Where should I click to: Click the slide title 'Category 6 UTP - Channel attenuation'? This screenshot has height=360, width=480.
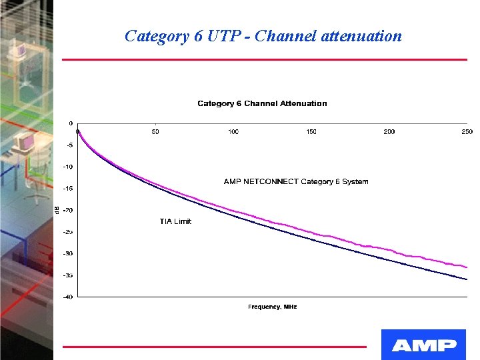point(263,36)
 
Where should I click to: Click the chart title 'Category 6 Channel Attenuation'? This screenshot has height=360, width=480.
point(262,103)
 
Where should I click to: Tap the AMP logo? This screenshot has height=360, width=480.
point(423,345)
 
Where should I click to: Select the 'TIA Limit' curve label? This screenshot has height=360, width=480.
point(175,221)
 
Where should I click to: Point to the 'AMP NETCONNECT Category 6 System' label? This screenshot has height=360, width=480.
point(295,181)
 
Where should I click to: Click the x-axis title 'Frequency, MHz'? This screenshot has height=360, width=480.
point(272,307)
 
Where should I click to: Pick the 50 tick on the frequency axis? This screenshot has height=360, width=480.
point(155,132)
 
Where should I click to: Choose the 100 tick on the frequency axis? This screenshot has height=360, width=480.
point(233,132)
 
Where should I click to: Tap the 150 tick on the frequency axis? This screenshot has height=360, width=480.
point(311,132)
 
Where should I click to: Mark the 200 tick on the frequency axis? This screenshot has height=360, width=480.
point(389,132)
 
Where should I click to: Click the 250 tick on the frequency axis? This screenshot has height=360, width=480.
point(467,132)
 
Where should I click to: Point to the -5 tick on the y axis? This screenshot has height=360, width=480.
point(69,145)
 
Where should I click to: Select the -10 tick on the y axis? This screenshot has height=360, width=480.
point(68,167)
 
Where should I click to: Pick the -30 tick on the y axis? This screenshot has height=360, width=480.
point(68,253)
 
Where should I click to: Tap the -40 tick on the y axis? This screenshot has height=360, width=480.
point(68,297)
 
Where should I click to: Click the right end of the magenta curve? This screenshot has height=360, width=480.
point(466,267)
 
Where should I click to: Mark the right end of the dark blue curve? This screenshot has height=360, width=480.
point(466,279)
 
